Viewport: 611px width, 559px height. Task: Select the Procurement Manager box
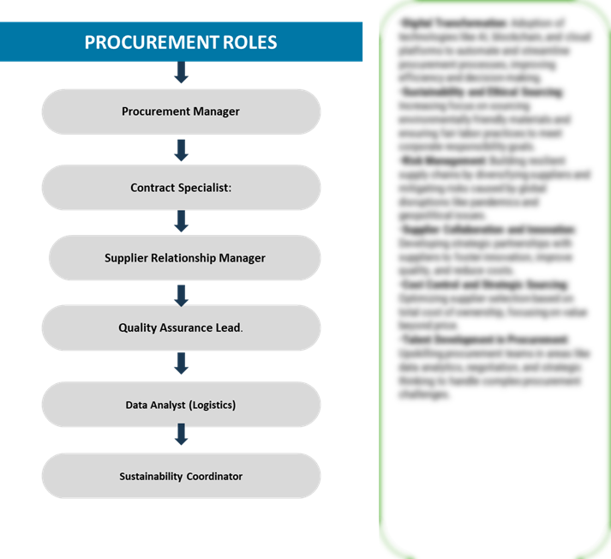click(x=181, y=111)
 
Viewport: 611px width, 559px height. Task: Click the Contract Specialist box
click(x=181, y=187)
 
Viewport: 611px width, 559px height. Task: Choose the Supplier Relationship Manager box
click(x=184, y=258)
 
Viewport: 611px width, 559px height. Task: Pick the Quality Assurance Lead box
click(x=181, y=328)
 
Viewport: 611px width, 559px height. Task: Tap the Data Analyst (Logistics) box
click(x=181, y=405)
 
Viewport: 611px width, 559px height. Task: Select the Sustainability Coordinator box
click(x=181, y=476)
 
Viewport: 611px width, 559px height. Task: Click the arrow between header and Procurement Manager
click(x=181, y=73)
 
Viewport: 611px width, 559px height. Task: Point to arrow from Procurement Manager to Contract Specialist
click(x=181, y=150)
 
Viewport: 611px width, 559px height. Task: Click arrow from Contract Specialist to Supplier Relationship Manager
click(x=181, y=221)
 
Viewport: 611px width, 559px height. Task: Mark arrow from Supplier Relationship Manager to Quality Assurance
click(x=181, y=296)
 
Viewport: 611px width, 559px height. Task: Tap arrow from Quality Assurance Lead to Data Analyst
click(x=181, y=363)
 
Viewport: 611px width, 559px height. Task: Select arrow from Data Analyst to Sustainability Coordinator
click(x=181, y=435)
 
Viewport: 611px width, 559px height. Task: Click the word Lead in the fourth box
click(x=226, y=328)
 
